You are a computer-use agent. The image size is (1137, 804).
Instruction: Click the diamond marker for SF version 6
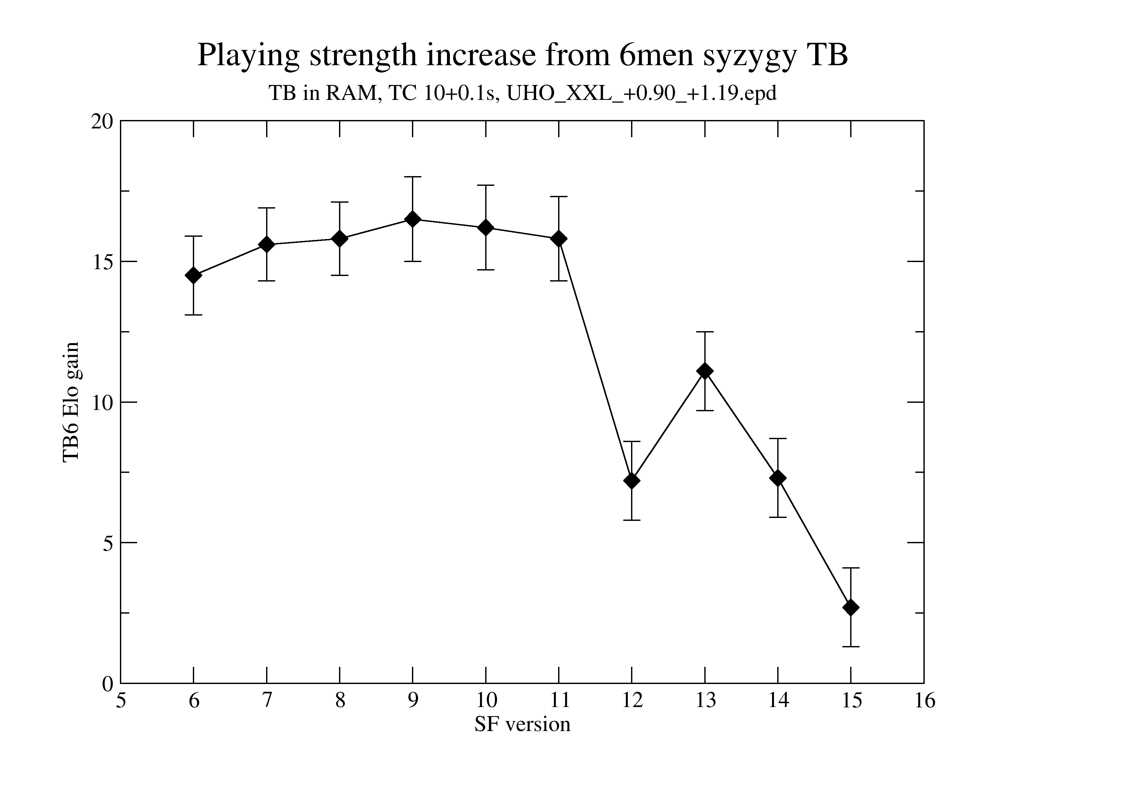tap(193, 275)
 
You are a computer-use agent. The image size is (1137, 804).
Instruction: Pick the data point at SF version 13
tap(705, 371)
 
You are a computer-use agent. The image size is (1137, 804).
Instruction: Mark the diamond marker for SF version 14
tap(778, 478)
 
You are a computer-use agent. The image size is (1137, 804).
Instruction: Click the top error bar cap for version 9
tap(413, 177)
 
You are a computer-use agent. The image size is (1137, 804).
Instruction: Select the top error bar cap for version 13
tap(705, 332)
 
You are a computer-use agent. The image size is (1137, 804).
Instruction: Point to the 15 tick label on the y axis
tap(102, 261)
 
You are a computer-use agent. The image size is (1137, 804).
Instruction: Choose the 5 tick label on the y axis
tap(108, 543)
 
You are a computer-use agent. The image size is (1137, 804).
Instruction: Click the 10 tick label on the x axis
tap(486, 701)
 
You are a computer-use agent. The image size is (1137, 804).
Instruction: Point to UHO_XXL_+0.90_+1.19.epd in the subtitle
tap(642, 93)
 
